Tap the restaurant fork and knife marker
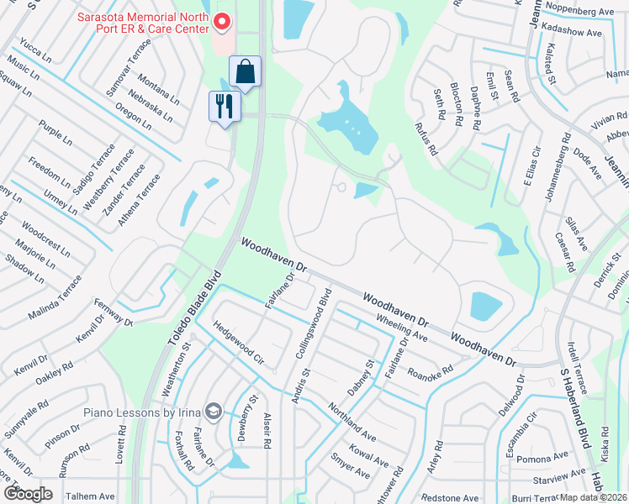(225, 107)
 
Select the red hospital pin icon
(222, 22)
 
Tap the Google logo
(28, 493)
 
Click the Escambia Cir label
(520, 431)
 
